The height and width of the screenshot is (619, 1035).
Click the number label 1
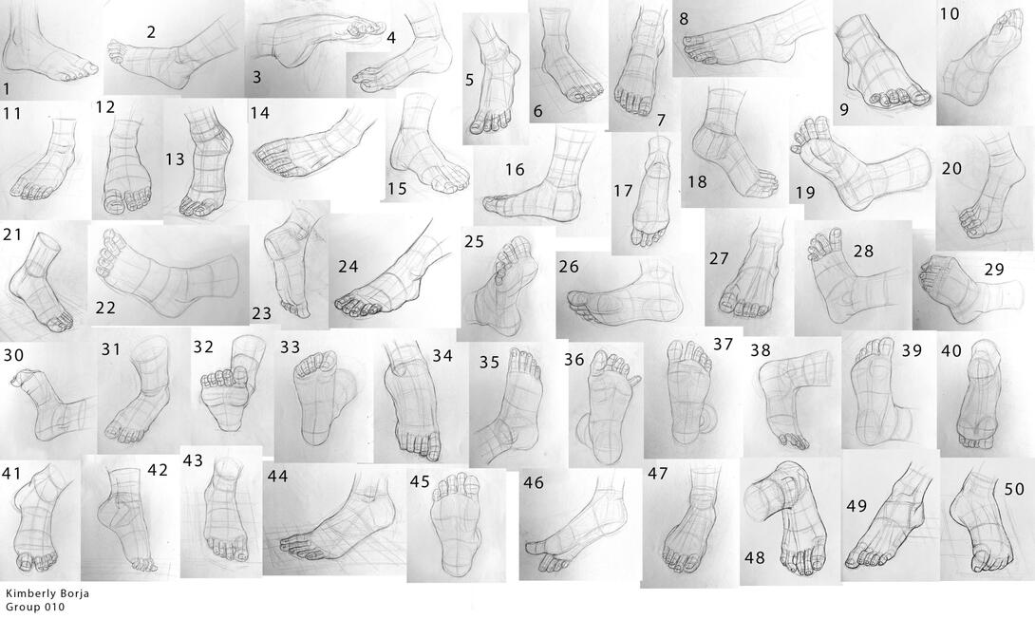[x=7, y=89]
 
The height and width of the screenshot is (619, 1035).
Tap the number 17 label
[x=623, y=191]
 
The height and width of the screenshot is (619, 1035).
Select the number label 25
[x=474, y=241]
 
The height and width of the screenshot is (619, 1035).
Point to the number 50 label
[x=1014, y=489]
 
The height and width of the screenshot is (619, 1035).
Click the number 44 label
[x=278, y=476]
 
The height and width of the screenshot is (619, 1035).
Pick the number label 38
[x=761, y=349]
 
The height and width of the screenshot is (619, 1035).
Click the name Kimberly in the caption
[x=28, y=593]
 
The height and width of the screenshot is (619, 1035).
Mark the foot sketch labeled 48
[x=789, y=518]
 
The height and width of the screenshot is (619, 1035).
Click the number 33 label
[x=290, y=347]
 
